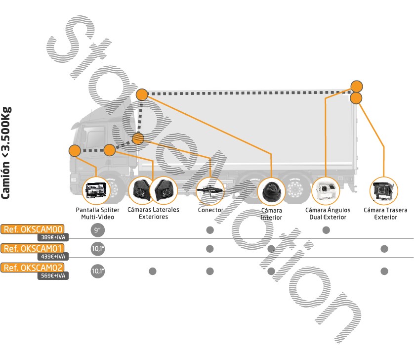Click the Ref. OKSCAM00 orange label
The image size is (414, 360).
33,229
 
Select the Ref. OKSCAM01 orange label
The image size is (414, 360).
33,248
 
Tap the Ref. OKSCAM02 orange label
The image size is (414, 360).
33,268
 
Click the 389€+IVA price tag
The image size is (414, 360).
53,237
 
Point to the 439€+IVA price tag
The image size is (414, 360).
53,257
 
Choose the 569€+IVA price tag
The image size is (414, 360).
53,276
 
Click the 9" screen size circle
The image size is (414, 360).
97,230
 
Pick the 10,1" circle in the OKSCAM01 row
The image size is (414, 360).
97,249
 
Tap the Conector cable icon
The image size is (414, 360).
210,190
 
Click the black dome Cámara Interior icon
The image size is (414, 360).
271,190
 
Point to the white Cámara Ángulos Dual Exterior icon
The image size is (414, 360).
326,190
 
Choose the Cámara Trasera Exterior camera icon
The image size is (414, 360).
384,190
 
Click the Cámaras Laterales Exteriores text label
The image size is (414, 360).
153,213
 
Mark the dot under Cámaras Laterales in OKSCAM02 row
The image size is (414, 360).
153,271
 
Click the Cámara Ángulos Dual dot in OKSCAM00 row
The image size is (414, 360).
326,230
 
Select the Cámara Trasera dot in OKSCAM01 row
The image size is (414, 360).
384,249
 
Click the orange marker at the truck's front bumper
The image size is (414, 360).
75,151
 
